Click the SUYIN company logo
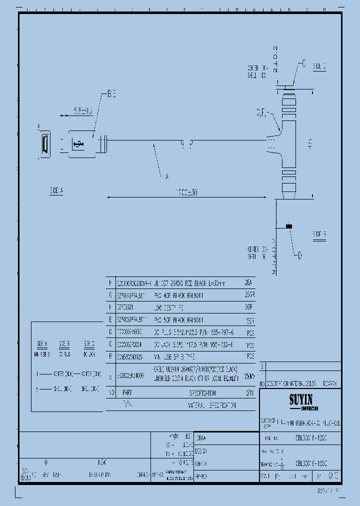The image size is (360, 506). (x=300, y=400)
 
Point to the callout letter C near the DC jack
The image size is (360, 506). (x=302, y=63)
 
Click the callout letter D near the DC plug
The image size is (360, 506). (x=299, y=256)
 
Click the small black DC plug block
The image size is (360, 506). (x=288, y=226)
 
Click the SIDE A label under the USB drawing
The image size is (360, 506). (x=56, y=190)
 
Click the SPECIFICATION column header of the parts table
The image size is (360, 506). (x=198, y=393)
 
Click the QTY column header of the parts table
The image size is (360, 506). (x=249, y=393)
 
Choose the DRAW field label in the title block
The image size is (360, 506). (x=201, y=438)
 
